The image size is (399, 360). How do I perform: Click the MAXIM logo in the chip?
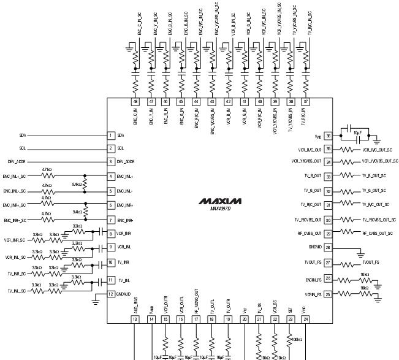[220, 201]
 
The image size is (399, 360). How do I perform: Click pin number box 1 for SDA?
[111, 135]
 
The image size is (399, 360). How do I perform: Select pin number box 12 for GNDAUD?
[111, 294]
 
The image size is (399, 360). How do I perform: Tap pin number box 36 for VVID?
[328, 136]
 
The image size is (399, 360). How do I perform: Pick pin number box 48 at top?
[135, 101]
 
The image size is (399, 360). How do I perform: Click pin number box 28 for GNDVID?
[328, 247]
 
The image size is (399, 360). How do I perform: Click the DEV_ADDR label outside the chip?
[20, 162]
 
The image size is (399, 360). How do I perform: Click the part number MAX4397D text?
[220, 209]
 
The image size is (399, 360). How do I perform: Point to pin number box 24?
[305, 319]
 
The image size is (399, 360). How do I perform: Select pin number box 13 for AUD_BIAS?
[135, 319]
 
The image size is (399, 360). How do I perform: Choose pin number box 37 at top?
[305, 101]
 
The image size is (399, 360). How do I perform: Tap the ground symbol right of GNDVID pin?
[360, 253]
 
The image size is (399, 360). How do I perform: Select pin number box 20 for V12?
[244, 319]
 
